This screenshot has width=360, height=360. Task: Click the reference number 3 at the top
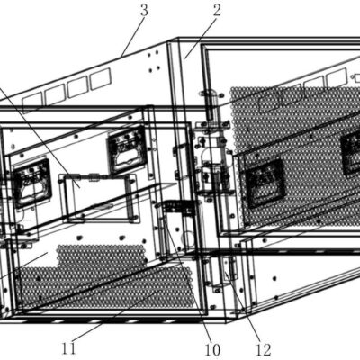pos(144,10)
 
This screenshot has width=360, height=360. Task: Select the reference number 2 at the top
pos(217,10)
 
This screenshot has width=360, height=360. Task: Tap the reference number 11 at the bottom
pos(69,349)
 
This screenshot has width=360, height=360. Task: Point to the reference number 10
pos(212,349)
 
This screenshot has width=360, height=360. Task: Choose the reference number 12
pos(264,349)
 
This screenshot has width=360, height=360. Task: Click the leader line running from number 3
pos(131,37)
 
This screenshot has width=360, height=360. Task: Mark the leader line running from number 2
pos(200,38)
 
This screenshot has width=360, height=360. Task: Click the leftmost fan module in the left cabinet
pos(32,184)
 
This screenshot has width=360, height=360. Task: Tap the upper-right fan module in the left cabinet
pos(128,149)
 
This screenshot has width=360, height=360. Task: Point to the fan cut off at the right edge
pos(350,152)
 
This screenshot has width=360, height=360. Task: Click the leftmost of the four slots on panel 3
pos(31,102)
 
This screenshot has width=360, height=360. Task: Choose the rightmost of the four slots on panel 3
pos(101,78)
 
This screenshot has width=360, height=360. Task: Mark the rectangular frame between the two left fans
pos(99,198)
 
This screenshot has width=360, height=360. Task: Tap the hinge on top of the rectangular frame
pos(94,177)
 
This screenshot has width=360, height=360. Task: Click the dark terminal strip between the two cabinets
pos(177,208)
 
